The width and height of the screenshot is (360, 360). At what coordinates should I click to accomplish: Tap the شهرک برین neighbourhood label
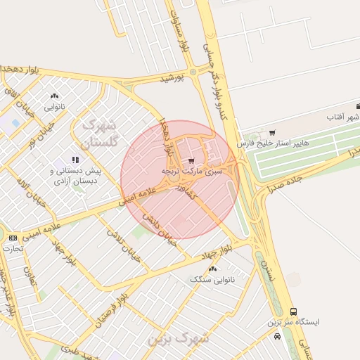coord(179,338)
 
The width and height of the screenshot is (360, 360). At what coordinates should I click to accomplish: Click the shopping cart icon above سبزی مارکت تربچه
coord(191,160)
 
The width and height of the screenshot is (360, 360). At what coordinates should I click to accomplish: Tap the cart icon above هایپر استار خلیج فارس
coord(272,132)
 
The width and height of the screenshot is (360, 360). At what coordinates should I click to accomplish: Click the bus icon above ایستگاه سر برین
coord(293,311)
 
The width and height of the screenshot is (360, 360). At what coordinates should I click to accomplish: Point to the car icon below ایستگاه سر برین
coord(278,336)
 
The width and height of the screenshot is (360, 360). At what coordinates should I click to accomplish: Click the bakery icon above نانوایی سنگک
coord(213,269)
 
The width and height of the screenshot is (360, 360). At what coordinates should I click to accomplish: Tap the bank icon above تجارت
coord(13,238)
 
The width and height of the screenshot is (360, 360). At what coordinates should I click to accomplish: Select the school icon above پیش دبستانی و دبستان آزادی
coord(75,160)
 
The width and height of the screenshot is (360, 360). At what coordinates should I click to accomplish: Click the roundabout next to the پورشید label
coord(193,72)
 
